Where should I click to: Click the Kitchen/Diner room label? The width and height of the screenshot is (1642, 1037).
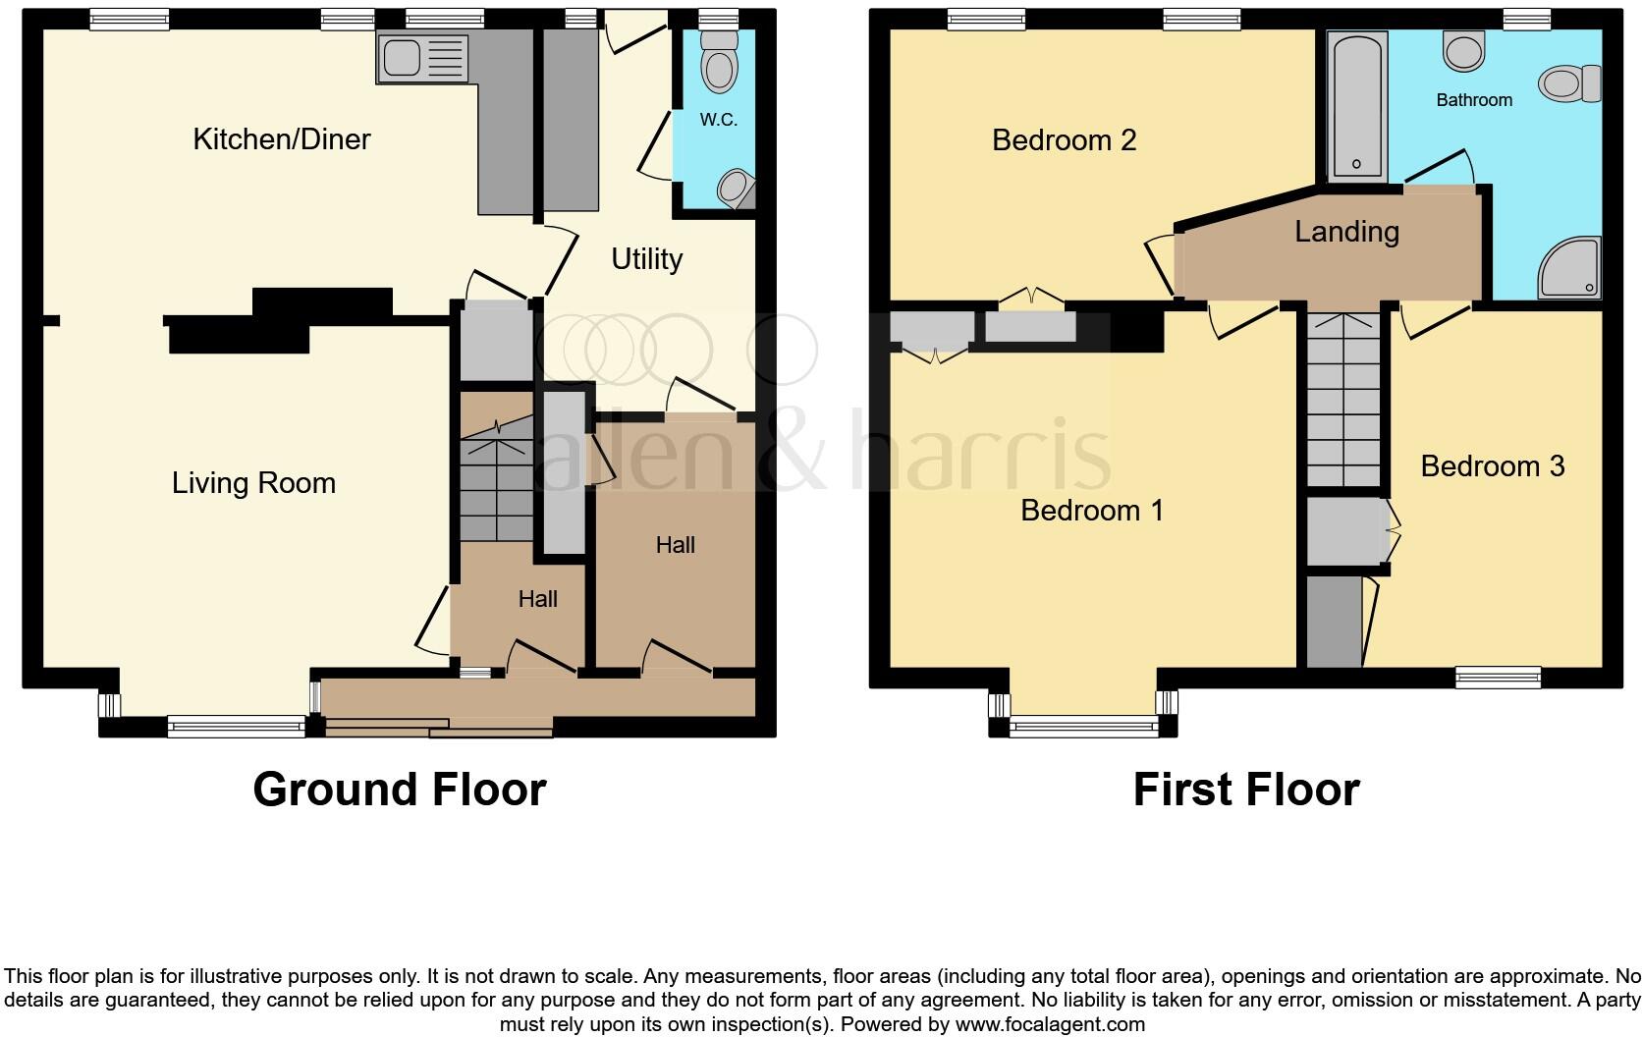281,139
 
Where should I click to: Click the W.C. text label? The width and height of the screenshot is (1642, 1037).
718,120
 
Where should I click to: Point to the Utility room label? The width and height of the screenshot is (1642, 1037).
646,259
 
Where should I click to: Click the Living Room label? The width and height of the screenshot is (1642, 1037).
253,483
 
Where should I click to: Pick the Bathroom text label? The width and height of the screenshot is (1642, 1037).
1473,100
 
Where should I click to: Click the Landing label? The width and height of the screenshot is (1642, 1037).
1345,232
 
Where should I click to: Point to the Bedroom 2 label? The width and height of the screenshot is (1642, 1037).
1064,140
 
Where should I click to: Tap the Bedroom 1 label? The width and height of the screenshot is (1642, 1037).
1091,511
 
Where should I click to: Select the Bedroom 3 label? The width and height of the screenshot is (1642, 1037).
1492,466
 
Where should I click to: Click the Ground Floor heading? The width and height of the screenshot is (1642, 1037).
399,790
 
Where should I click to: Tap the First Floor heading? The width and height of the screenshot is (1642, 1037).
1245,790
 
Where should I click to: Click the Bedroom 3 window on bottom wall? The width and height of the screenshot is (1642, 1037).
1498,676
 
